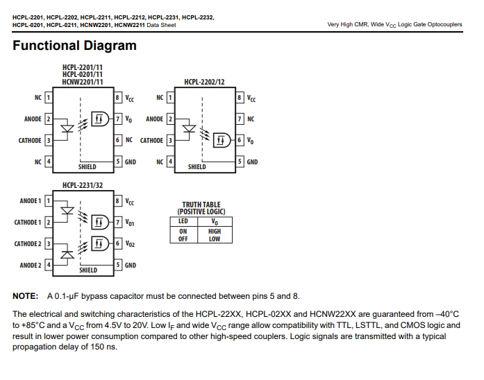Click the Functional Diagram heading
point(74,46)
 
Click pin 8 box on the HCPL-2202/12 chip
point(240,98)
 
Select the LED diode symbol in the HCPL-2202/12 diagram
point(189,128)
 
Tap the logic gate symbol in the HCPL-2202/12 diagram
point(222,140)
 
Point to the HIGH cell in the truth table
point(215,231)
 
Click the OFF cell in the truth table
point(183,239)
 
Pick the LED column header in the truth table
point(183,221)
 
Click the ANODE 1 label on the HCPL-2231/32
point(31,201)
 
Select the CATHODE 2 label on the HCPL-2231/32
point(28,244)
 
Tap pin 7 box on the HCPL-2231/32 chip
point(117,222)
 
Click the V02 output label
point(130,244)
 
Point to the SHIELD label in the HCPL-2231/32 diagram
point(88,270)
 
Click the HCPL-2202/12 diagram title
point(204,82)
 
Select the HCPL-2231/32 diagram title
point(83,185)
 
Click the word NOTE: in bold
point(25,296)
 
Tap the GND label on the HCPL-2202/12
point(252,162)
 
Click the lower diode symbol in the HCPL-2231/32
point(67,254)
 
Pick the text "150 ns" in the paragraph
point(103,347)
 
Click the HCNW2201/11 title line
point(83,82)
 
